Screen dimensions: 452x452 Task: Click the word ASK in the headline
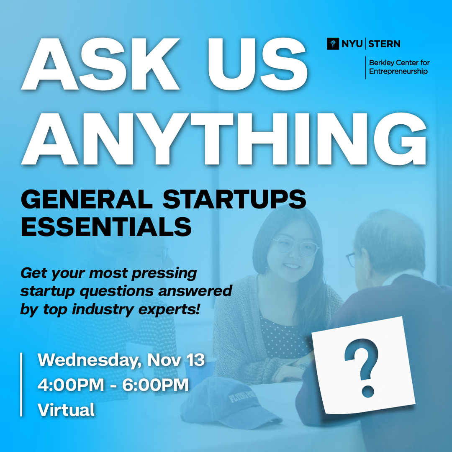click(100, 64)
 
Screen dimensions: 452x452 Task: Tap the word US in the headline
click(257, 64)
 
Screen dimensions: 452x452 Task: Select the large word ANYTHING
click(223, 139)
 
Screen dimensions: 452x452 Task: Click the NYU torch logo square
click(333, 44)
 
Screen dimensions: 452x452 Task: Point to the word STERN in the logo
click(384, 44)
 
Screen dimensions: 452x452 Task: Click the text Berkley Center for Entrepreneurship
click(399, 67)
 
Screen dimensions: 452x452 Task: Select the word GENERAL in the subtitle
click(87, 199)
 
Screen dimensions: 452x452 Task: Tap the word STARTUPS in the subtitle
click(234, 199)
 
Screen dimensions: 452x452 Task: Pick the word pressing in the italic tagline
click(164, 273)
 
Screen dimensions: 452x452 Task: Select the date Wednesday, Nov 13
click(121, 360)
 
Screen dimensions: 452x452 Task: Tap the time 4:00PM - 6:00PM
click(113, 385)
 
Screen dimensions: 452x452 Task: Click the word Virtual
click(66, 410)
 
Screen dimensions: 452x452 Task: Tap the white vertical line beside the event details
click(21, 385)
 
